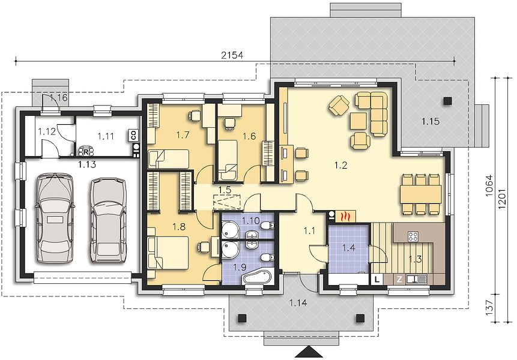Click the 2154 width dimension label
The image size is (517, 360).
coord(232,55)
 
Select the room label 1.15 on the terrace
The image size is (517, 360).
coord(431,122)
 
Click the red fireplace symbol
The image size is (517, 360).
coord(345,216)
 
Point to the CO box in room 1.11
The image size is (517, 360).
coord(133,135)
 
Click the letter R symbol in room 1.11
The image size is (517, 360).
coord(86,152)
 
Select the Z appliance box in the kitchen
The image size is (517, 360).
coord(400,280)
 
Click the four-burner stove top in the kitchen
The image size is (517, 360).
coord(413,236)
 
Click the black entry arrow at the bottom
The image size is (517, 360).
coord(309,352)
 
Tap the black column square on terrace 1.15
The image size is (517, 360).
coord(447,101)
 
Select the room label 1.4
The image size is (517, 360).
coord(348,248)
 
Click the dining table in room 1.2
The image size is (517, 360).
coord(421,194)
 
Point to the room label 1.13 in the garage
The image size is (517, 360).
coord(87,164)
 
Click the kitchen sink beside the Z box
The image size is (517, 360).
coord(417,280)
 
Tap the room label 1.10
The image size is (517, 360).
coord(251,220)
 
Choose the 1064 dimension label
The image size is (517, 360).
coord(489,185)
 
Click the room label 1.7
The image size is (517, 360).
coord(183,134)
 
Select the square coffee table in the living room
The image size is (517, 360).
coord(358,121)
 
